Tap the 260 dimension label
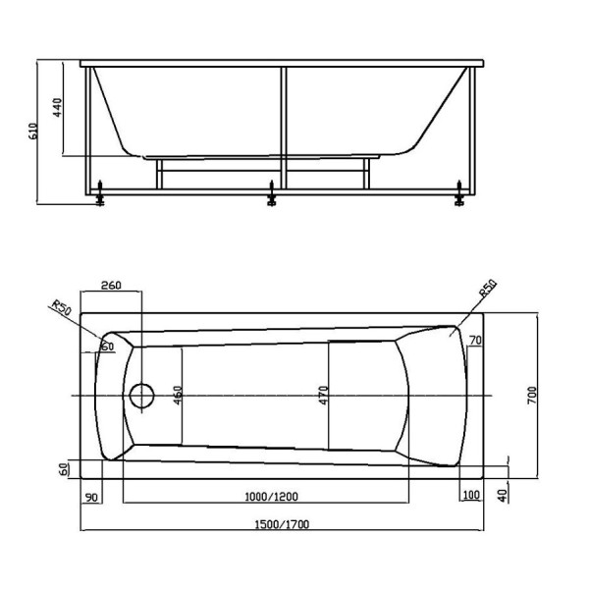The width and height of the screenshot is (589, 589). point(110,286)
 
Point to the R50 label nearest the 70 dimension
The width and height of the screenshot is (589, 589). point(487,291)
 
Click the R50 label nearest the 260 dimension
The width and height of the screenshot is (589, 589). point(63,311)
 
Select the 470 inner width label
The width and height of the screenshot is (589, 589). point(323,396)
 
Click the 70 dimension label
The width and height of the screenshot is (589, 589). point(475,341)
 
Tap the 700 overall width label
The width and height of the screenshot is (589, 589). point(531,396)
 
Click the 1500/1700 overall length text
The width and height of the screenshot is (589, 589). point(279,524)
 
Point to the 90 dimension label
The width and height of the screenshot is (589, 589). point(91,495)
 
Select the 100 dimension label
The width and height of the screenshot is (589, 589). point(470,495)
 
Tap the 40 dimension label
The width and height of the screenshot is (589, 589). point(503,495)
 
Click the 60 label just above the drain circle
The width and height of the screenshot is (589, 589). point(106,346)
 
